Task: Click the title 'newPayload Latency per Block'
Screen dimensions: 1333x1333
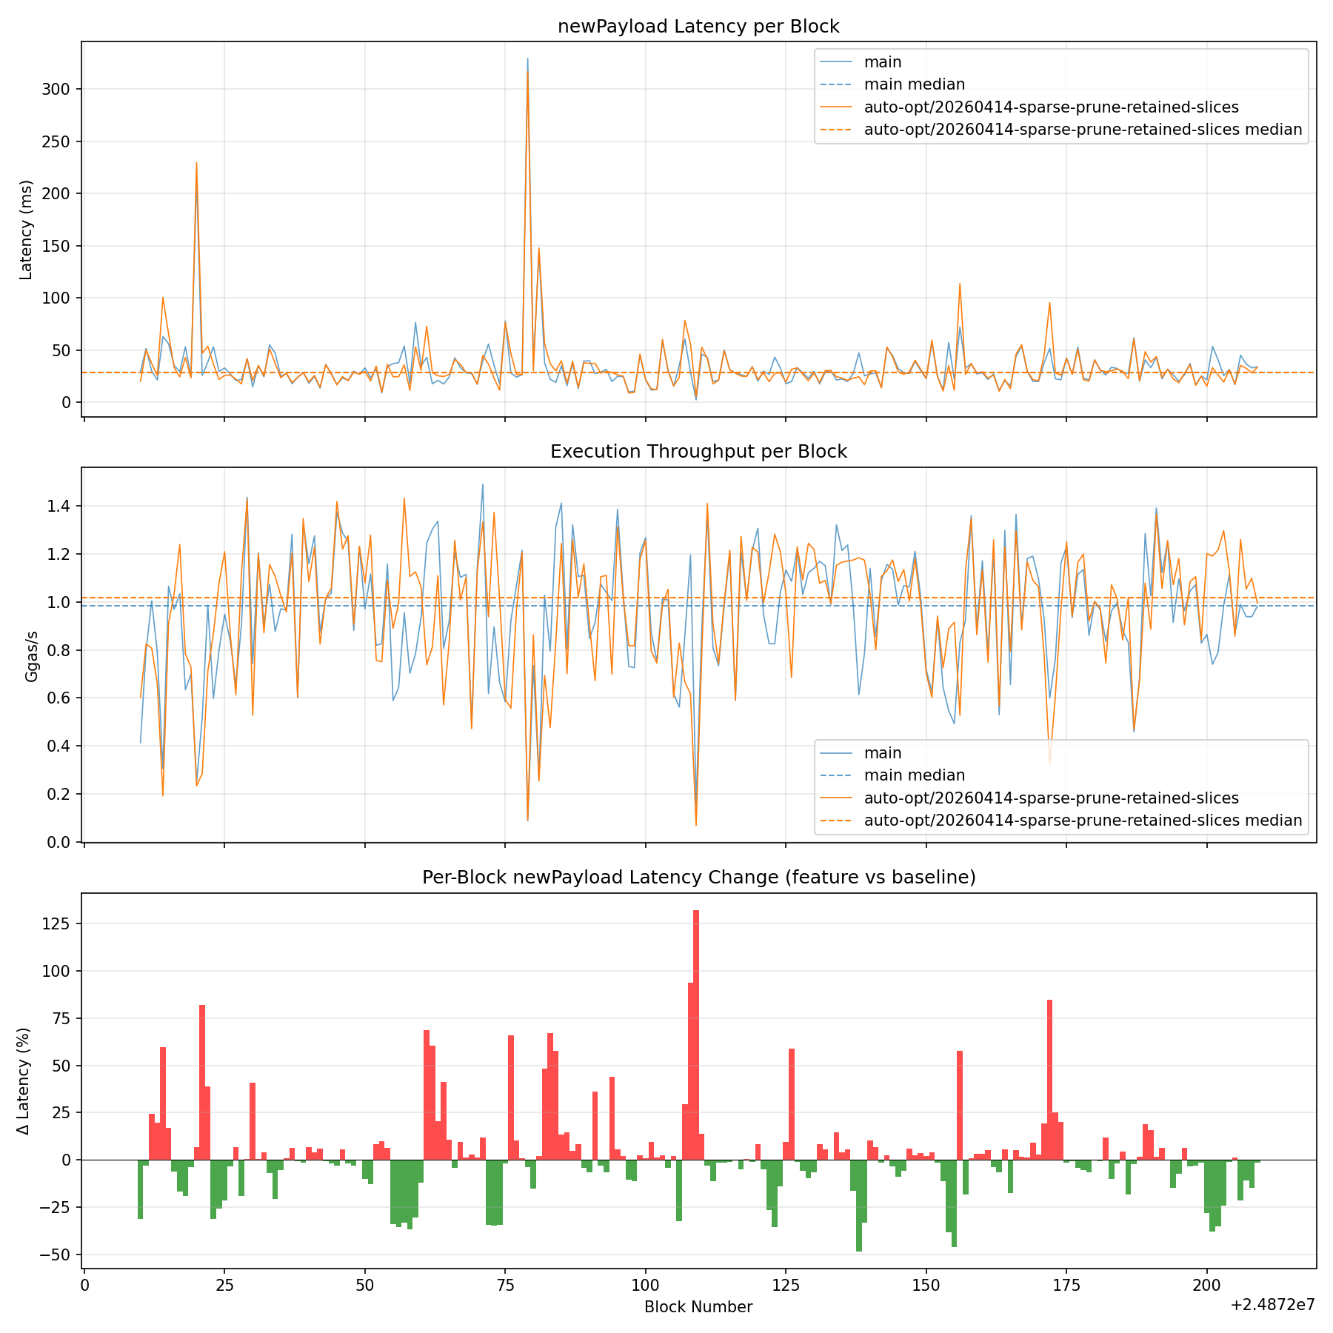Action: pyautogui.click(x=698, y=27)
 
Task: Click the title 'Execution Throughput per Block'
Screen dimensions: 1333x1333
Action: pyautogui.click(x=698, y=452)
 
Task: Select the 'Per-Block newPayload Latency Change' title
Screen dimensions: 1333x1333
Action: pyautogui.click(x=698, y=878)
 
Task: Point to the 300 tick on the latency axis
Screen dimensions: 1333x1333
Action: pyautogui.click(x=57, y=89)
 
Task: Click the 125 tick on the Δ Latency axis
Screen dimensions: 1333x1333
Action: pyautogui.click(x=57, y=924)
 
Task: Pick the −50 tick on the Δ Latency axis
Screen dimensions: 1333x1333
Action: pyautogui.click(x=54, y=1255)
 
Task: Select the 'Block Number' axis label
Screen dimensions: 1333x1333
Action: pyautogui.click(x=698, y=1307)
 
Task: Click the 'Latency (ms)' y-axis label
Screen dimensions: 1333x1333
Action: pyautogui.click(x=27, y=230)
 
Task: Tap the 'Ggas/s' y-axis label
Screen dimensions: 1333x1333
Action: pyautogui.click(x=31, y=656)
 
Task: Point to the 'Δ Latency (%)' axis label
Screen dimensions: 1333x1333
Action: pyautogui.click(x=24, y=1081)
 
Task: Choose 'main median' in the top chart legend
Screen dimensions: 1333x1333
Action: pyautogui.click(x=914, y=84)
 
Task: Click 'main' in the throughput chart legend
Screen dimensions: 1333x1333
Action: pyautogui.click(x=883, y=753)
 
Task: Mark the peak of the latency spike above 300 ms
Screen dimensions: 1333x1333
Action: pyautogui.click(x=527, y=59)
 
